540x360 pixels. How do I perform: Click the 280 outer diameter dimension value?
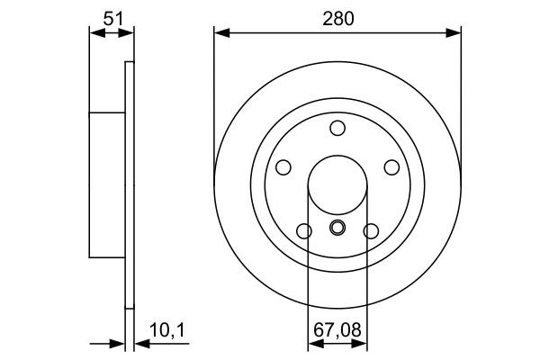(337, 15)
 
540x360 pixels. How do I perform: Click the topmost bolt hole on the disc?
(337, 128)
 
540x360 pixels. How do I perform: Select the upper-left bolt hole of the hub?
(283, 167)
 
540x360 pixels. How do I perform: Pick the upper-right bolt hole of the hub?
(391, 167)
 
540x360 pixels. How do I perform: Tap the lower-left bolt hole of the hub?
(304, 231)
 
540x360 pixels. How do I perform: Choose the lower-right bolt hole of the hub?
(371, 231)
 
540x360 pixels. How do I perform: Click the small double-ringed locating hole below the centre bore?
(337, 228)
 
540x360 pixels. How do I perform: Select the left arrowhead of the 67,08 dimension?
(313, 342)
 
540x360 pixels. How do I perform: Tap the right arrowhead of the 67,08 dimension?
(362, 342)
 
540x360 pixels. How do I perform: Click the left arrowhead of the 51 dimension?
(94, 33)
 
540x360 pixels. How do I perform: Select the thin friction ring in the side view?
(129, 184)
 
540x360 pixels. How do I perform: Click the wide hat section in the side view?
(106, 184)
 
